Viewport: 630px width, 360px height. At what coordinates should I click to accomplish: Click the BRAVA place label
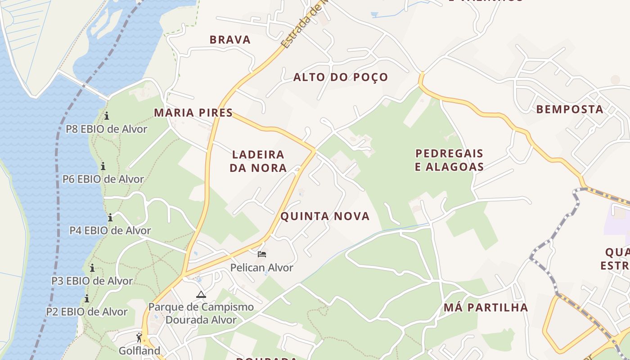230,40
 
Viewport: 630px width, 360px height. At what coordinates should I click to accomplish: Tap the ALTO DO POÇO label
340,77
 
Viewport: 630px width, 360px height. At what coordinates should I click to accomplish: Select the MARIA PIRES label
193,112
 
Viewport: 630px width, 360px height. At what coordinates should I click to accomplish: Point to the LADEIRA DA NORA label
258,161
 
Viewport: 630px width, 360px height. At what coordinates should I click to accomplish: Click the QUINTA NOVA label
325,216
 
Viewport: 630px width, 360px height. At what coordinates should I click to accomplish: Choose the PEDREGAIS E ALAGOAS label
449,160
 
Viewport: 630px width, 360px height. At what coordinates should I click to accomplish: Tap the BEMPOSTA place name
569,109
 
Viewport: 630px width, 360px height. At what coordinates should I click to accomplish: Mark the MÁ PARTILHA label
486,307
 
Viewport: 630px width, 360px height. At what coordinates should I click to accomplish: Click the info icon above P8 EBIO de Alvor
107,116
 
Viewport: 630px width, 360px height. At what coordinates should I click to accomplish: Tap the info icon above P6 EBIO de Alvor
103,166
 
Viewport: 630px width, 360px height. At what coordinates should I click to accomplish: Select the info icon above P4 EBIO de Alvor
110,217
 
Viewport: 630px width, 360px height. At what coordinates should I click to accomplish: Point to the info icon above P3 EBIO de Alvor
92,268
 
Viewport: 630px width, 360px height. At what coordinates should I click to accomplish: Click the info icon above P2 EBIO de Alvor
87,298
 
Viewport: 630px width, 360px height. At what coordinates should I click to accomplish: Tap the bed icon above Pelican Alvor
261,254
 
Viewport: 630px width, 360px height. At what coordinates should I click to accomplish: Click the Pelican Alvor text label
261,268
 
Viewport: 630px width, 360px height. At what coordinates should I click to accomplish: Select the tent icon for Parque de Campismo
201,295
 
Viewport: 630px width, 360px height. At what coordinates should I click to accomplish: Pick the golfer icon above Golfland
139,337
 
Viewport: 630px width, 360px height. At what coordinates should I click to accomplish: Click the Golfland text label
139,351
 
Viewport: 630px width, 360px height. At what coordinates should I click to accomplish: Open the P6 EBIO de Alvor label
103,179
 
